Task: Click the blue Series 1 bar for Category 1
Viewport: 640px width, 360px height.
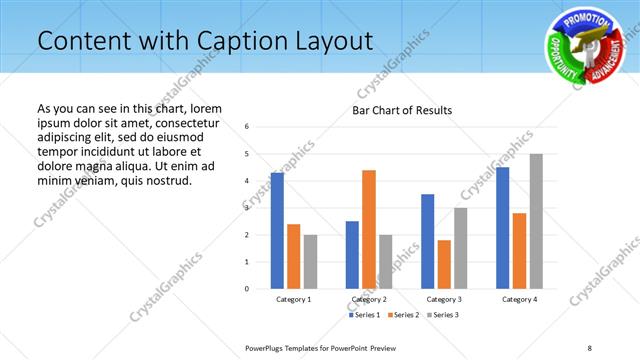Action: click(x=277, y=230)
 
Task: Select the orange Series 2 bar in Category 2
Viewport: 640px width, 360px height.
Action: click(x=369, y=229)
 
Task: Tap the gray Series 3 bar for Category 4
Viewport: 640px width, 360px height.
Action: click(x=536, y=221)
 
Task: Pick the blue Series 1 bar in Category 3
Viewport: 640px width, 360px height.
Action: click(x=428, y=241)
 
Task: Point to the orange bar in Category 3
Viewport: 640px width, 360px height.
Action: click(x=444, y=264)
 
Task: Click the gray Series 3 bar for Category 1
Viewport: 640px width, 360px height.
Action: click(x=310, y=261)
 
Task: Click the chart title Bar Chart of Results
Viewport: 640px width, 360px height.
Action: click(x=402, y=110)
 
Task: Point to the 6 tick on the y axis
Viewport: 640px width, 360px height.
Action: click(x=247, y=127)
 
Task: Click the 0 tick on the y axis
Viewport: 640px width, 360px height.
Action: click(x=247, y=289)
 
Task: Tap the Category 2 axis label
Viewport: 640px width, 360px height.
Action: click(x=369, y=299)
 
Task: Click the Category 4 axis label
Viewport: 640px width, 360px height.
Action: click(x=519, y=299)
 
